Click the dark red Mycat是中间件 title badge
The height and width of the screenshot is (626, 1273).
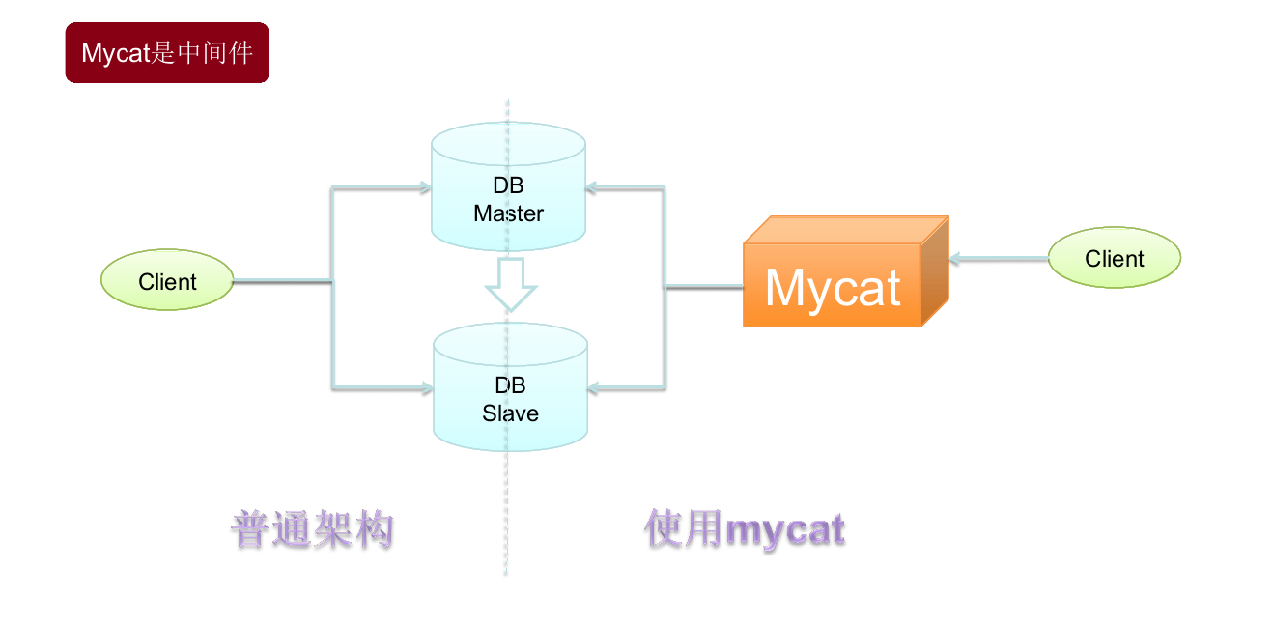(167, 52)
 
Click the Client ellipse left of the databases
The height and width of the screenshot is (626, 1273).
(167, 281)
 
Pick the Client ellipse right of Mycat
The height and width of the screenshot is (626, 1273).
(1115, 258)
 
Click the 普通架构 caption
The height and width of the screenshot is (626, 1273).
(313, 530)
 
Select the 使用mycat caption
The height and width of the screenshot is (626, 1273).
(745, 529)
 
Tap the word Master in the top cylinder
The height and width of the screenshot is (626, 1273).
(508, 213)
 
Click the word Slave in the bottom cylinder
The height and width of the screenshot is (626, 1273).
(510, 413)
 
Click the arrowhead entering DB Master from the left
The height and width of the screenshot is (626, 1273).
(425, 187)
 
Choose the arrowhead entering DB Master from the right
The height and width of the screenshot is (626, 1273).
(592, 187)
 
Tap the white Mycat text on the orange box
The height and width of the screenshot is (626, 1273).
(833, 287)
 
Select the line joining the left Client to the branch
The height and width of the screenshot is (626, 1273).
(282, 282)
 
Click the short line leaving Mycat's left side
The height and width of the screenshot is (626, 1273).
(703, 287)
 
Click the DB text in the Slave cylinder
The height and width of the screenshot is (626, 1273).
(510, 385)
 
